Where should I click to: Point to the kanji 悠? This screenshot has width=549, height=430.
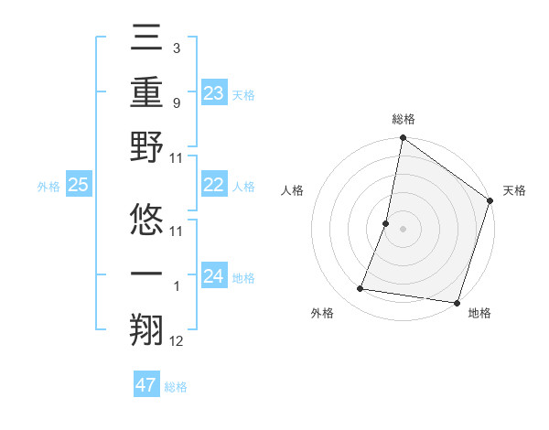(x=146, y=218)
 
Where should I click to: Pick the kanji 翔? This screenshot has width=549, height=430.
(x=146, y=327)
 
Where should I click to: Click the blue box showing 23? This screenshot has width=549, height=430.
(x=213, y=93)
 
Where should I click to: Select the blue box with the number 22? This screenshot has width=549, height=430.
(x=213, y=186)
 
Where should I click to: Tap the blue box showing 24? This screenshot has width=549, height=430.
(x=213, y=277)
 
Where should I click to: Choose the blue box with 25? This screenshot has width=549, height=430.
(x=78, y=186)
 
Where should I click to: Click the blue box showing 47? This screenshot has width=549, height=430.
(x=145, y=385)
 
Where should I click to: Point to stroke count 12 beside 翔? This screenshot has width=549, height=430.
(x=177, y=342)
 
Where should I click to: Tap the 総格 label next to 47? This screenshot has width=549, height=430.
(x=176, y=387)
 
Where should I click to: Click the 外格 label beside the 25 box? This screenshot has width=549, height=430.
(x=48, y=187)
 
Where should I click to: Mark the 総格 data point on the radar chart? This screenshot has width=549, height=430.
(x=403, y=138)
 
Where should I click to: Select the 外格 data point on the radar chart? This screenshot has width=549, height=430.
(x=361, y=289)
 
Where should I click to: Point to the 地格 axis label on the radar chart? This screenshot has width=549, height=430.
(x=479, y=313)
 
